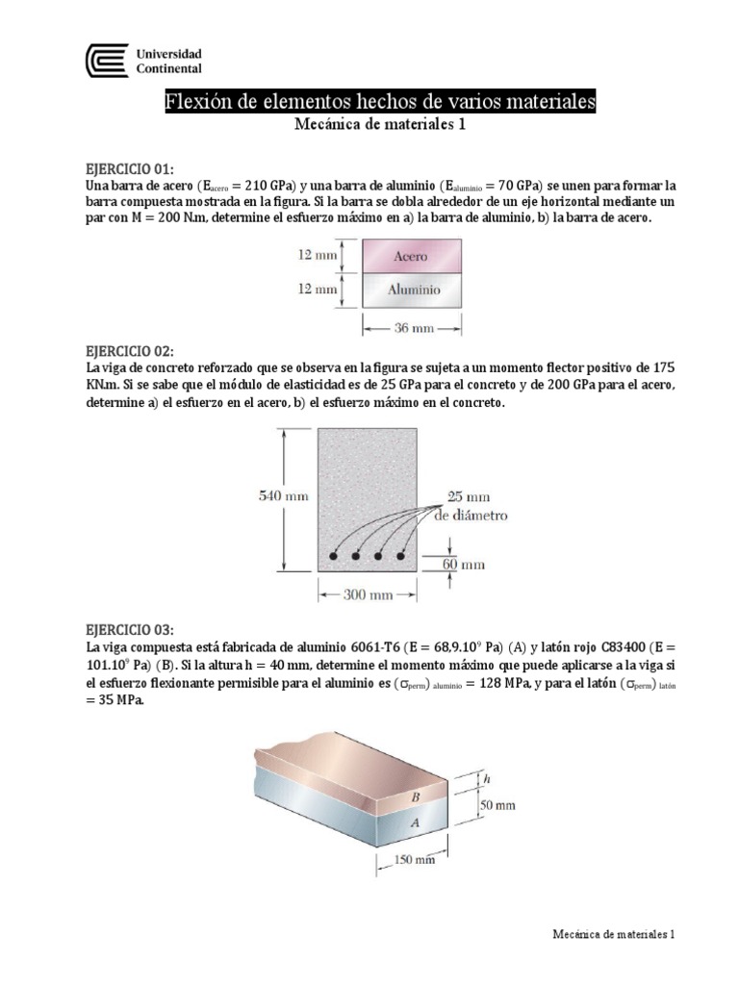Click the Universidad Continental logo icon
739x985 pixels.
(107, 61)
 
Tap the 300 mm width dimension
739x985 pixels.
(368, 594)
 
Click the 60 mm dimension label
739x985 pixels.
(464, 565)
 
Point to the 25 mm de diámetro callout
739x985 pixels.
(476, 506)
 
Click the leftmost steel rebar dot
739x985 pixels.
(334, 556)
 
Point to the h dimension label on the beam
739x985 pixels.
(488, 778)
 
